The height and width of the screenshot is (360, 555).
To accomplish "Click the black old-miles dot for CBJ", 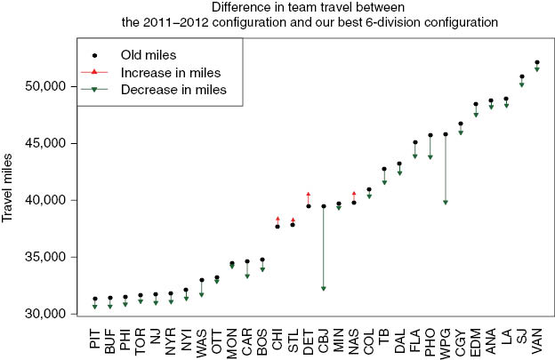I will [324, 206].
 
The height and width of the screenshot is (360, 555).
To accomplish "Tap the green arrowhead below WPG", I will [445, 203].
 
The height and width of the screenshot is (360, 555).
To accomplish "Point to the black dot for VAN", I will [537, 62].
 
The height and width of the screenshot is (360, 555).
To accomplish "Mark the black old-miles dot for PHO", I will [430, 135].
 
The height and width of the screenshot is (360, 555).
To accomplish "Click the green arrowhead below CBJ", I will [324, 288].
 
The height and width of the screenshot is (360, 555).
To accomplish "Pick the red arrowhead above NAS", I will [354, 193].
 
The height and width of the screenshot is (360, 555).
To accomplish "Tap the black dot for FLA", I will [415, 142].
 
